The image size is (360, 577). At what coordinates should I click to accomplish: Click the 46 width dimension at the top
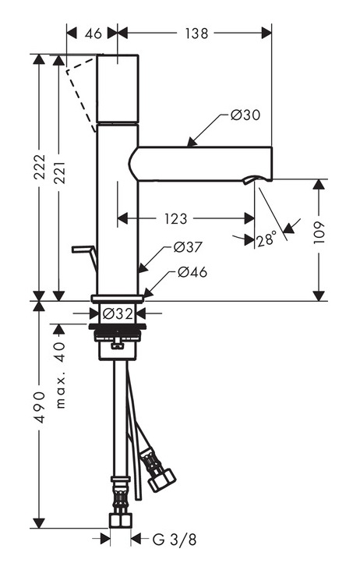tap(93, 34)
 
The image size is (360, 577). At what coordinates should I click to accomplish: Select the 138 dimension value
tap(196, 34)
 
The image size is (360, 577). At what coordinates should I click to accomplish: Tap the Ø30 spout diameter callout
tap(245, 115)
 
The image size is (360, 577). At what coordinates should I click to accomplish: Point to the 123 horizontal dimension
tap(176, 219)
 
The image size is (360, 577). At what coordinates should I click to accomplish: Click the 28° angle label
tap(266, 239)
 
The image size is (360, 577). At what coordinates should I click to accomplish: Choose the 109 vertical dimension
tap(319, 232)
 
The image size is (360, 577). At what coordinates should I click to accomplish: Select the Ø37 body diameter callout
tap(188, 247)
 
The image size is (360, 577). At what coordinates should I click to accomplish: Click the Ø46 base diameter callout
tap(192, 272)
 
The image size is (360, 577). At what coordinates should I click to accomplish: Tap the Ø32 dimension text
tap(118, 314)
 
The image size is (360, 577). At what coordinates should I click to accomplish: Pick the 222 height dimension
tap(39, 167)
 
